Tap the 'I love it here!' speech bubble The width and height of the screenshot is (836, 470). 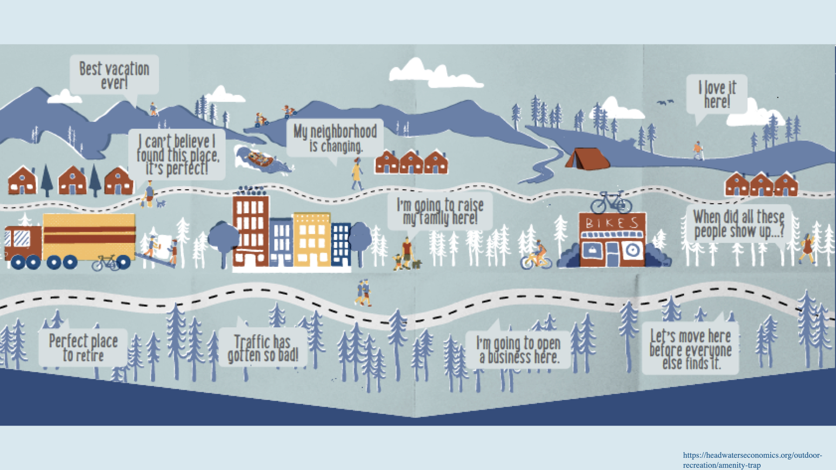[x=717, y=94]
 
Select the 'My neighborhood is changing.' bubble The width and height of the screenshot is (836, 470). [x=335, y=138]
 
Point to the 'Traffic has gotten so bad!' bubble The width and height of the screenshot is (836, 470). [x=263, y=348]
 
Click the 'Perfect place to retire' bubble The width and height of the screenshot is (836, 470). [x=83, y=348]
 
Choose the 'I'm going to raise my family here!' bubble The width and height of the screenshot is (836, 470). [x=440, y=211]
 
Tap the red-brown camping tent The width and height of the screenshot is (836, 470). [x=586, y=159]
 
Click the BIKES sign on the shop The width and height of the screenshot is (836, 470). [x=612, y=223]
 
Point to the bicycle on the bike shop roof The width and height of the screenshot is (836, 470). [x=611, y=202]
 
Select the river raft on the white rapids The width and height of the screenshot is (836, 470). [x=260, y=158]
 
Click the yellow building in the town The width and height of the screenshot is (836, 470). [x=312, y=239]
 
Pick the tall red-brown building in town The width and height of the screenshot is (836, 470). [x=250, y=231]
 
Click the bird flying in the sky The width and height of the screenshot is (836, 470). [x=665, y=103]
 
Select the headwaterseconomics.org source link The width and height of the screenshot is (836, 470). [x=752, y=460]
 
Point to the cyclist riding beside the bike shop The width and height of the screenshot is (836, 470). [x=536, y=255]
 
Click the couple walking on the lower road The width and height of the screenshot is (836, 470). [x=364, y=292]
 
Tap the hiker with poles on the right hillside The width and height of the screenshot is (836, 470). [x=698, y=151]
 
